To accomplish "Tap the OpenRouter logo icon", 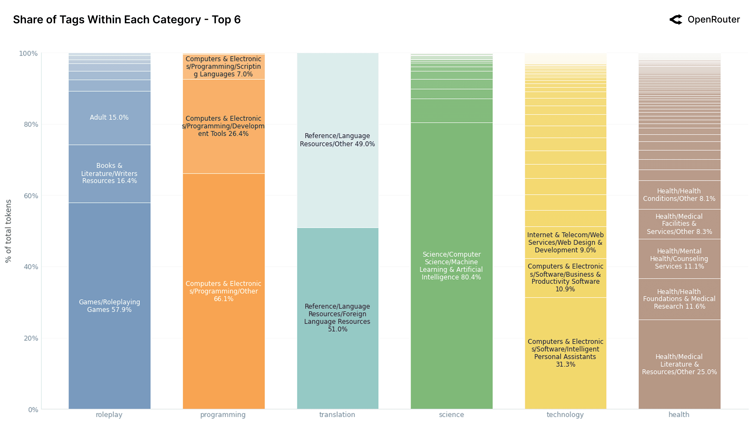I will click(x=675, y=19).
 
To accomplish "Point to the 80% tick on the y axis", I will click(x=31, y=124).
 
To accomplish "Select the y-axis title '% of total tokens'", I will click(x=8, y=231).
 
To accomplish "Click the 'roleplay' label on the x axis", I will click(x=109, y=414).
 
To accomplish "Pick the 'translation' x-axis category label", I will click(x=337, y=414).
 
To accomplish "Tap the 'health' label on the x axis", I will click(x=679, y=414).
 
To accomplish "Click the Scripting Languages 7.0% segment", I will click(x=223, y=67).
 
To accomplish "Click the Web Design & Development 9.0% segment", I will click(x=565, y=242).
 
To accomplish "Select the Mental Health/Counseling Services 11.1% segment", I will click(x=679, y=259).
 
